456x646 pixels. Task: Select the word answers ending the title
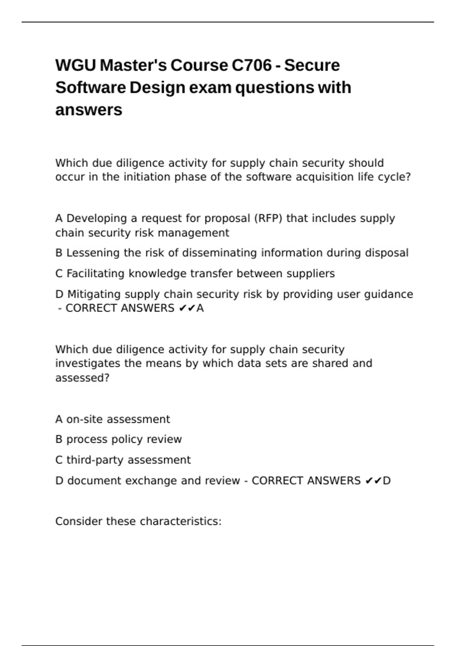[x=89, y=110]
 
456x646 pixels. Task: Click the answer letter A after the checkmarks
[x=200, y=308]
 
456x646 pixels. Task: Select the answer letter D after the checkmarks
[x=386, y=481]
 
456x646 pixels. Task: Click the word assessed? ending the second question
[x=82, y=378]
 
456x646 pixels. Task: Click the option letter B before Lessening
[x=59, y=253]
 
